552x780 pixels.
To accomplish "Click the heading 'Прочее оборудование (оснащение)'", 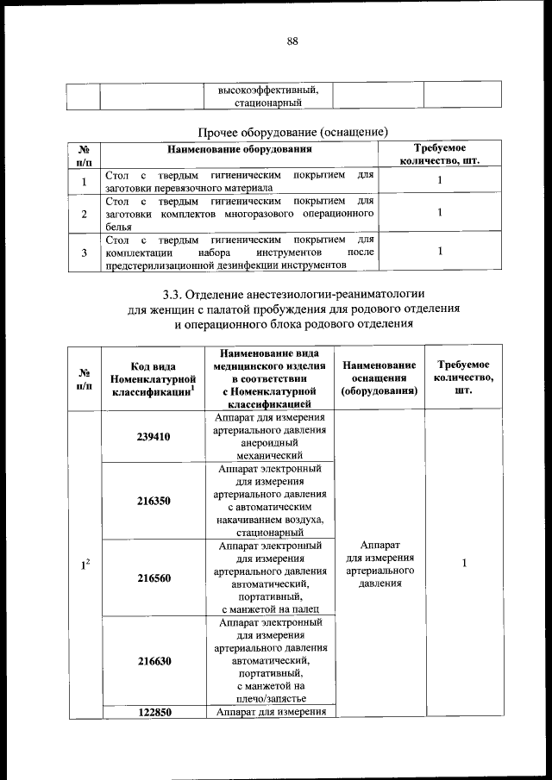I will click(x=292, y=132).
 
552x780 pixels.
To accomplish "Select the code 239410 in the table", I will click(x=154, y=436).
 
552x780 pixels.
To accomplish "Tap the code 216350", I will click(x=154, y=500).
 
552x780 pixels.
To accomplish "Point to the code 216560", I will click(x=154, y=577).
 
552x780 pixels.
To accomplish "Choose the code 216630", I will click(x=154, y=660).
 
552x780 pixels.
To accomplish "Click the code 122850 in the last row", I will click(x=154, y=712).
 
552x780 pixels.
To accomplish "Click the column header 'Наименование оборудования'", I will click(x=240, y=149).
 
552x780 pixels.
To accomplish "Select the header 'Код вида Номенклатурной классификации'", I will click(x=154, y=379).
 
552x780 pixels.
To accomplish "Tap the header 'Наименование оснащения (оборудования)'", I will click(x=379, y=378).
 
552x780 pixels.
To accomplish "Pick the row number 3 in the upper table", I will click(x=84, y=253).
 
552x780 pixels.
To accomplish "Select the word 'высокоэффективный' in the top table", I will click(x=268, y=89).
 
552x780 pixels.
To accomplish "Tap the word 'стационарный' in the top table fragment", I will click(x=268, y=103).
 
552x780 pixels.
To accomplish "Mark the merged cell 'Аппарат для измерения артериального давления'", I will click(x=379, y=564).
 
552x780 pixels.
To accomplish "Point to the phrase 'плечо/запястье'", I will click(x=268, y=698).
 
